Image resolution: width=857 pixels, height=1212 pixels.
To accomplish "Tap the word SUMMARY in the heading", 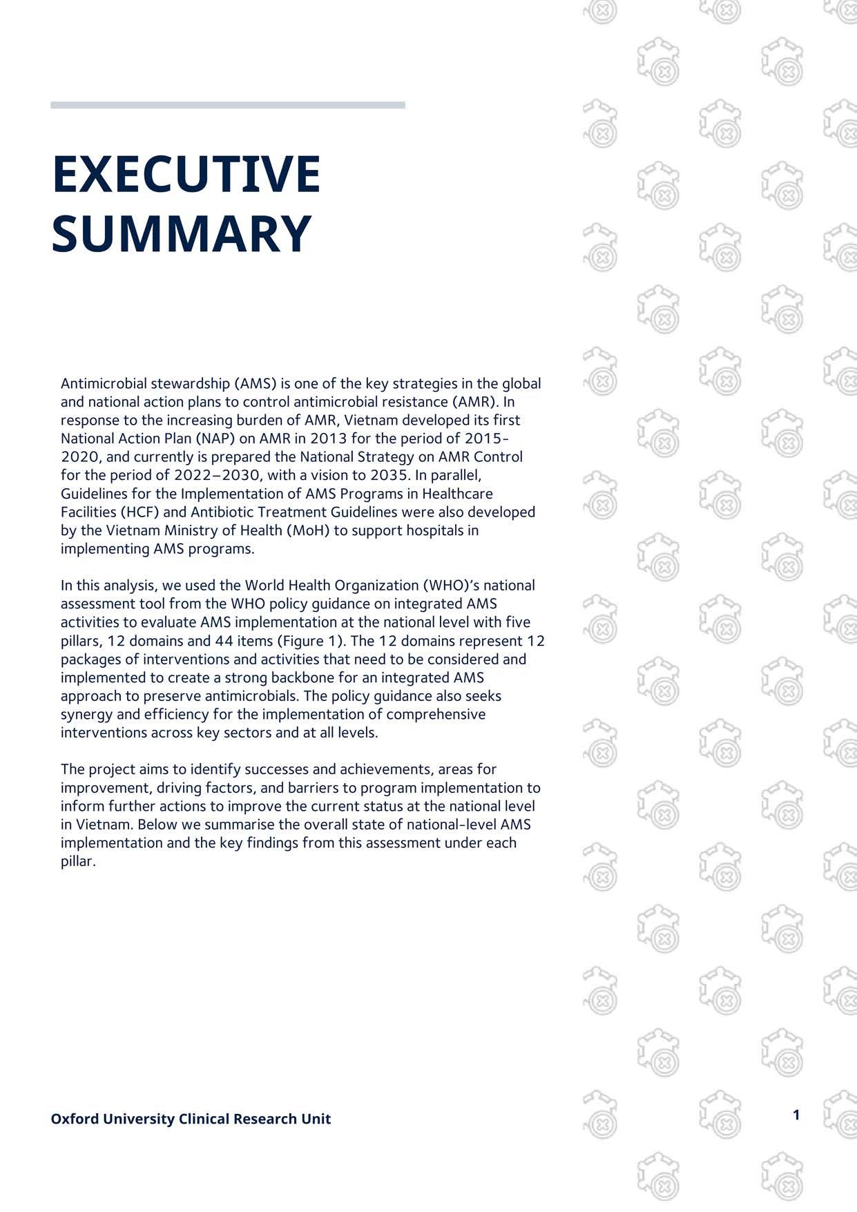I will point(181,233).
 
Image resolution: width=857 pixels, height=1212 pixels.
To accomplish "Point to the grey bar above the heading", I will point(227,105).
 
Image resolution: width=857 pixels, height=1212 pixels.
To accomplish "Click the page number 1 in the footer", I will point(796,1115).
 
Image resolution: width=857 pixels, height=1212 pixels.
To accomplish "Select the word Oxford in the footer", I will point(75,1119).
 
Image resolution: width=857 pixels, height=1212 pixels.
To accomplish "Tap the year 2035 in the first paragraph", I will point(389,475).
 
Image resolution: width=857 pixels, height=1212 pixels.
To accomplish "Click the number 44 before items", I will point(224,641).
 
